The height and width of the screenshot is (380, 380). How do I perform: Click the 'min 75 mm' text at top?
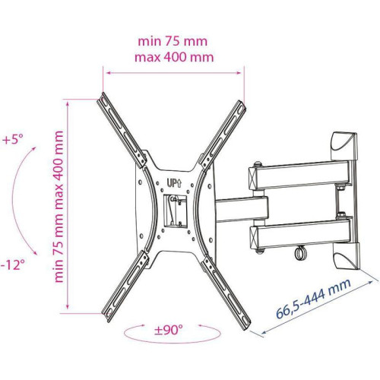pos(173,41)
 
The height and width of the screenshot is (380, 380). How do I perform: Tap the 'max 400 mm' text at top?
pos(174,57)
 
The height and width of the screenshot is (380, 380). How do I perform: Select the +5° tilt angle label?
pos(13,139)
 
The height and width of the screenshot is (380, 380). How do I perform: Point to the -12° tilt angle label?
pos(13,265)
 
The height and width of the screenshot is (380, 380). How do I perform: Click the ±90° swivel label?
pos(169,330)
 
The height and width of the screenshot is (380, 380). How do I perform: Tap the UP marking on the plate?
pos(174,183)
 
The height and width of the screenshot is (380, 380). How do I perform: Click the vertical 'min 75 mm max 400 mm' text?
pos(59,207)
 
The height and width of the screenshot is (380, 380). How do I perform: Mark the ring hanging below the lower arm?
pos(301,253)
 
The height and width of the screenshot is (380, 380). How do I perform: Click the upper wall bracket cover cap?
pos(344,145)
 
